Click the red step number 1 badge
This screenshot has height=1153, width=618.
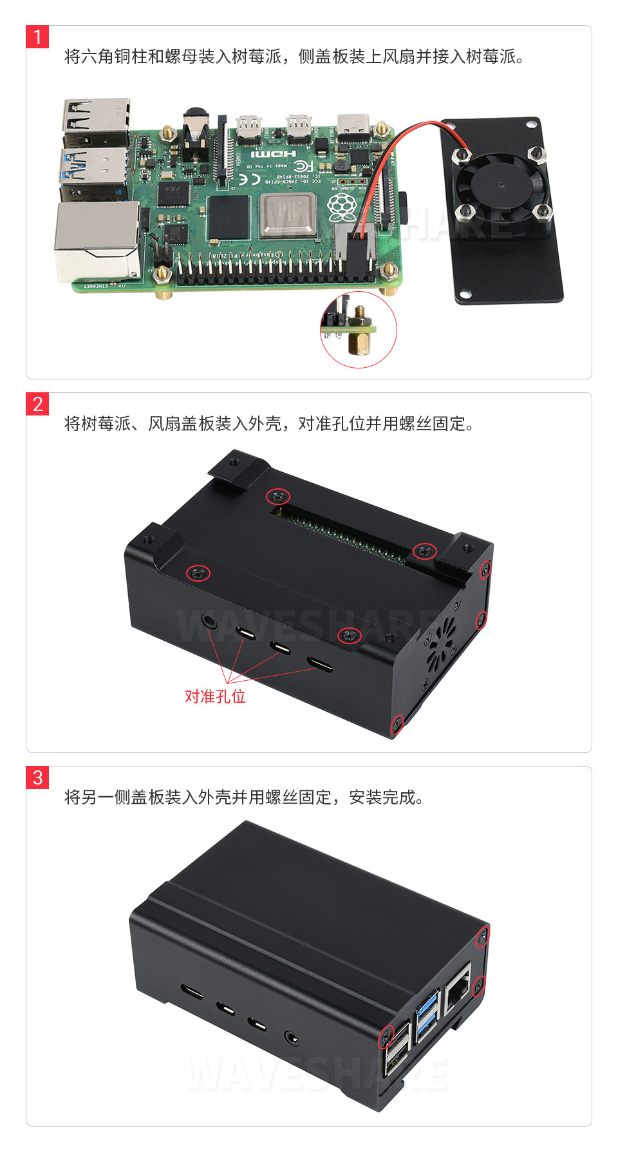[x=37, y=37]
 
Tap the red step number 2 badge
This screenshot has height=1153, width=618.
[x=37, y=404]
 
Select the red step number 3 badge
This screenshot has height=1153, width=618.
[x=37, y=777]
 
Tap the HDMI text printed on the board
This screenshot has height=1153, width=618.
[x=273, y=154]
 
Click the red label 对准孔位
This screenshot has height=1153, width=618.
[x=215, y=696]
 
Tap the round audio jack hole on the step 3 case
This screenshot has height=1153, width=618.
[x=292, y=1038]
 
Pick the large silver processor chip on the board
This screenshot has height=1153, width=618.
[x=289, y=214]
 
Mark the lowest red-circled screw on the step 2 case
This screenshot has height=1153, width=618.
[x=398, y=724]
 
